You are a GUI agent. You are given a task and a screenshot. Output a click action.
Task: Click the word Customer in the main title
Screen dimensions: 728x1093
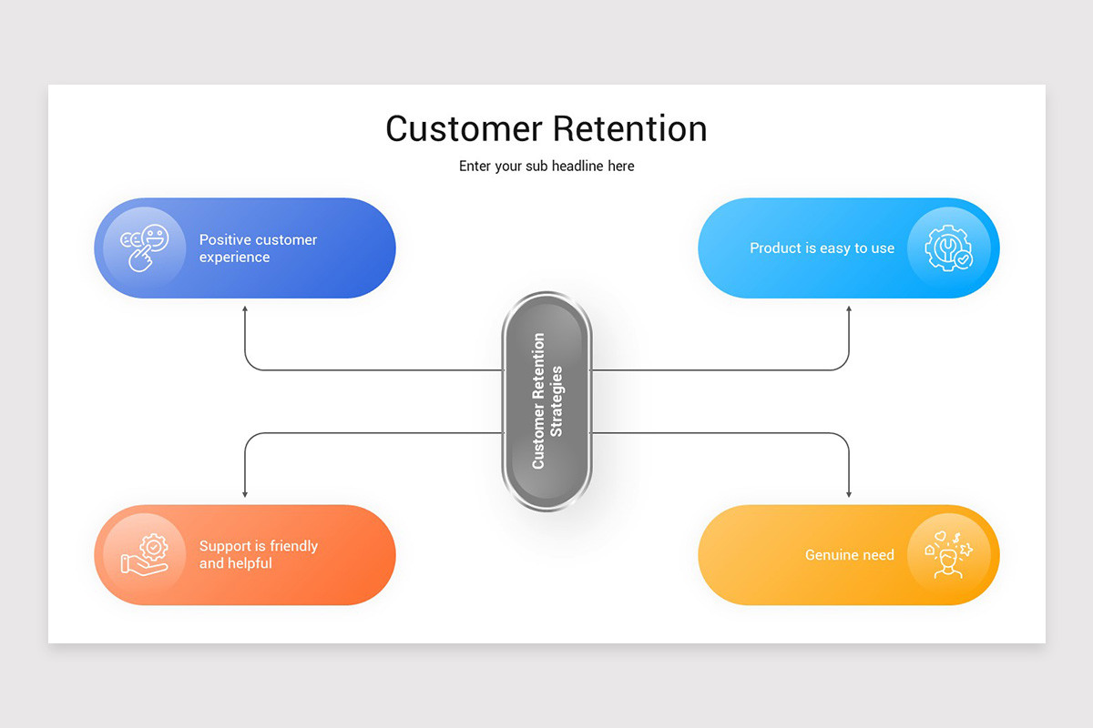[x=465, y=128]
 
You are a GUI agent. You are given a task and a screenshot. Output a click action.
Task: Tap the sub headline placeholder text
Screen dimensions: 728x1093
[x=546, y=166]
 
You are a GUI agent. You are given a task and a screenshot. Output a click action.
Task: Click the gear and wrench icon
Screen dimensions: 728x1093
[x=948, y=248]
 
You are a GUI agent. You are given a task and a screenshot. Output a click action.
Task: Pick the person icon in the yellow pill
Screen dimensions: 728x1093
[x=948, y=555]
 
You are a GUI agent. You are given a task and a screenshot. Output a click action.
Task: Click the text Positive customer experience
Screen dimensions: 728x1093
[x=258, y=248]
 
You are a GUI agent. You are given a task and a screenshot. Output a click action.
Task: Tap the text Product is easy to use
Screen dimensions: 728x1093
[x=822, y=248]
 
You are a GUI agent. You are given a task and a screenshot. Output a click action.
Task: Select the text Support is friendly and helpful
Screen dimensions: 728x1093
[x=258, y=554]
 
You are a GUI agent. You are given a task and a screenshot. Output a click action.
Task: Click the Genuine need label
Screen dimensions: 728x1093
[x=849, y=554]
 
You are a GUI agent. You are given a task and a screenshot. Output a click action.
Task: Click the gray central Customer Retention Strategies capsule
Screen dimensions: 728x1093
[x=546, y=400]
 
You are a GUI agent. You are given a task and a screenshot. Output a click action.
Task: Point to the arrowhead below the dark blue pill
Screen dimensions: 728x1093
[x=245, y=310]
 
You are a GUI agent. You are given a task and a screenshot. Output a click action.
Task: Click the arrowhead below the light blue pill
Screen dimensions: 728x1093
[x=849, y=310]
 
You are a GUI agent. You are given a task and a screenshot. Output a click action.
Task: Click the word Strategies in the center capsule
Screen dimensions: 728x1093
[x=557, y=400]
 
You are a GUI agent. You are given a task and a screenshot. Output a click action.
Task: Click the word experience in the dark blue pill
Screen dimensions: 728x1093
[x=234, y=258]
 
